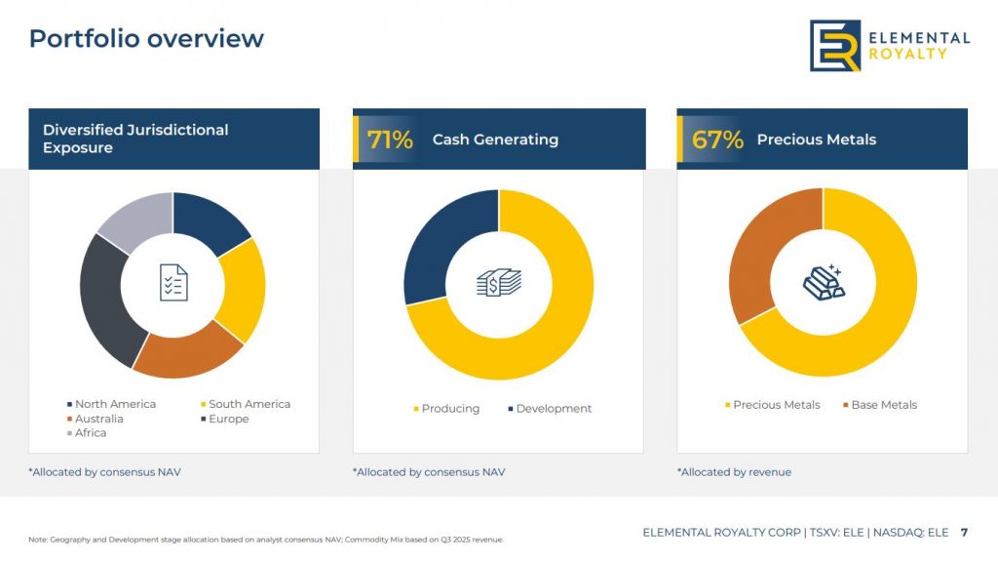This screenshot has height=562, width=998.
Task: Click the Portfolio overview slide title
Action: [x=146, y=39]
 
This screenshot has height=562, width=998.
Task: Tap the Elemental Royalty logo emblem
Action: [x=835, y=45]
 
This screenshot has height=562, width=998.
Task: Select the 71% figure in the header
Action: [x=390, y=140]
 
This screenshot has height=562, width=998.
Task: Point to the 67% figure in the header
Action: [x=717, y=140]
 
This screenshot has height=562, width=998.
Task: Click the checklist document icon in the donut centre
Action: [x=173, y=282]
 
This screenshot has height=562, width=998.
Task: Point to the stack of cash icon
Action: [x=499, y=283]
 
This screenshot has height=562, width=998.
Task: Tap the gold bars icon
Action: [x=824, y=281]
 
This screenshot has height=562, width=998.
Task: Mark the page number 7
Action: [x=964, y=533]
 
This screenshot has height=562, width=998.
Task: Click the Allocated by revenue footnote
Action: [x=734, y=472]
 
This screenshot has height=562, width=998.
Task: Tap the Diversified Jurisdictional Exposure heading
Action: [x=135, y=139]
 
